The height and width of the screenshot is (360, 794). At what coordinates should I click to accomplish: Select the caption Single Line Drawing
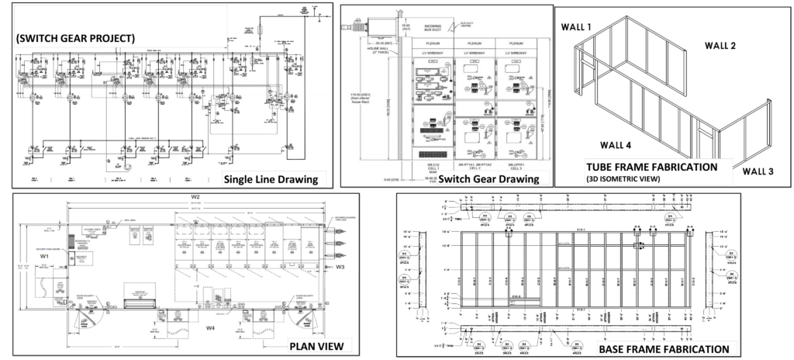(271, 180)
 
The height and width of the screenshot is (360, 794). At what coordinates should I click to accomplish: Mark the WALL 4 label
(617, 144)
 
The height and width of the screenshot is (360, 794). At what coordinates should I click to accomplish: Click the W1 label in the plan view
(44, 255)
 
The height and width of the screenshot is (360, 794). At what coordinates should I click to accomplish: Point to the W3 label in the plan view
(340, 266)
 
